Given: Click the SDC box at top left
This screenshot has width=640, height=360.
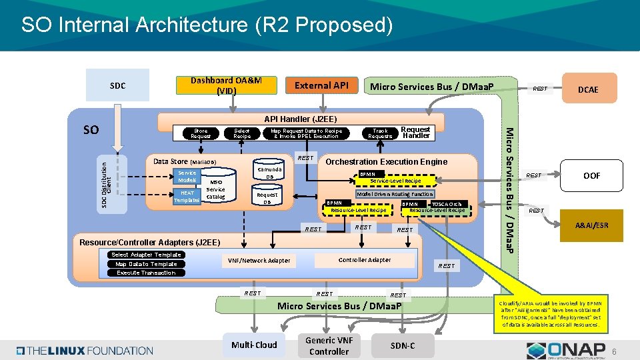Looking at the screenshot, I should pyautogui.click(x=117, y=85).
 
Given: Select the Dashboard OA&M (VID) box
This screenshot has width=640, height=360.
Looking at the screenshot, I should pyautogui.click(x=226, y=85).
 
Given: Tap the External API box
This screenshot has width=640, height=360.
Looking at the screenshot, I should pyautogui.click(x=322, y=85).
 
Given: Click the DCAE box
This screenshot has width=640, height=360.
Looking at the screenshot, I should pyautogui.click(x=587, y=89).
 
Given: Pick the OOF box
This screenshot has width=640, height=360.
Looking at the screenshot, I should pyautogui.click(x=591, y=175).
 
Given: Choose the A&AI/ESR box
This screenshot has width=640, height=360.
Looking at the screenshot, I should pyautogui.click(x=591, y=225).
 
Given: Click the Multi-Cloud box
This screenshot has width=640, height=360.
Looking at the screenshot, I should pyautogui.click(x=254, y=345).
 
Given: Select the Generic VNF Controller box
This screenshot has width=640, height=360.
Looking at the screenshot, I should pyautogui.click(x=329, y=345).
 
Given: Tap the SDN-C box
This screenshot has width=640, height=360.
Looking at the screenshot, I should pyautogui.click(x=402, y=345).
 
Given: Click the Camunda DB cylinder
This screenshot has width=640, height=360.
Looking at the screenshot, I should pyautogui.click(x=267, y=173).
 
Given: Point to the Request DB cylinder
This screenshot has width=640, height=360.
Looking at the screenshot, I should pyautogui.click(x=267, y=198).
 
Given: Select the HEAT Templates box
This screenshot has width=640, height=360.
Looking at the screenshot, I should pyautogui.click(x=187, y=196).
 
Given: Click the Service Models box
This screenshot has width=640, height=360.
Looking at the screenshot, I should pyautogui.click(x=187, y=177).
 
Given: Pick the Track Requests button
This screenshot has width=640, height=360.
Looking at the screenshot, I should pyautogui.click(x=380, y=133).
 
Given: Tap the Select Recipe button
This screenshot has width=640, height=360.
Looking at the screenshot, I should pyautogui.click(x=242, y=133).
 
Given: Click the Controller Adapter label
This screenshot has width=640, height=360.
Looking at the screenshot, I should pyautogui.click(x=365, y=259).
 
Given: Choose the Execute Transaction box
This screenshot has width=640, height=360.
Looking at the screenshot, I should pyautogui.click(x=146, y=272).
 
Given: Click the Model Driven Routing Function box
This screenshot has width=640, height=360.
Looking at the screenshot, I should pyautogui.click(x=395, y=194).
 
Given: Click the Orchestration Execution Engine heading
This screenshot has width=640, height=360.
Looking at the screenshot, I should pyautogui.click(x=386, y=161).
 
